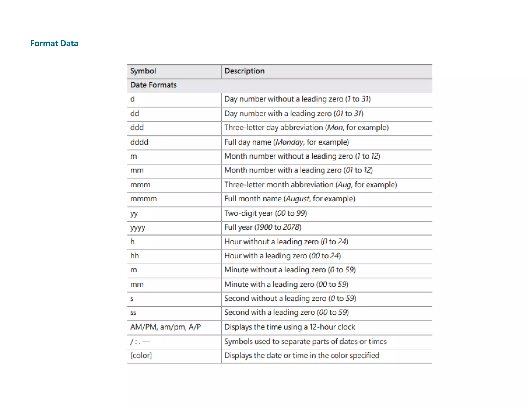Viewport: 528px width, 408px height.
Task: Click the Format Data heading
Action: [x=54, y=43]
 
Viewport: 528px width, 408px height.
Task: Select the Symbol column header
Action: [x=143, y=71]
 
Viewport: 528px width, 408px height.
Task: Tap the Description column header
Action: [x=244, y=71]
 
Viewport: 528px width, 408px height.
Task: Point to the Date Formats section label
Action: [x=153, y=85]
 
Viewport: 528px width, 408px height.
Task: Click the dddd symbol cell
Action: [x=139, y=142]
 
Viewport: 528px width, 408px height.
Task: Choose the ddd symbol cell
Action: [x=137, y=128]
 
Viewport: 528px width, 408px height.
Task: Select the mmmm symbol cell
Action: [x=144, y=199]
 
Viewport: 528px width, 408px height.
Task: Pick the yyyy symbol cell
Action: [x=138, y=227]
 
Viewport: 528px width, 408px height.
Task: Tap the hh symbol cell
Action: [x=135, y=256]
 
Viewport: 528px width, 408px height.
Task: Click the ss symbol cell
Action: [x=133, y=313]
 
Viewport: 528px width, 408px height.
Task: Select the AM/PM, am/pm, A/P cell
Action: [x=166, y=327]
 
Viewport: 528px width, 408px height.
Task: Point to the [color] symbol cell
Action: [x=141, y=355]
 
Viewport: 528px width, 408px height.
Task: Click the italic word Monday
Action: [x=289, y=142]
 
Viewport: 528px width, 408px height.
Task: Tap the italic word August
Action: [x=298, y=199]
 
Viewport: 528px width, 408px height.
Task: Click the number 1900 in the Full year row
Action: [x=264, y=227]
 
